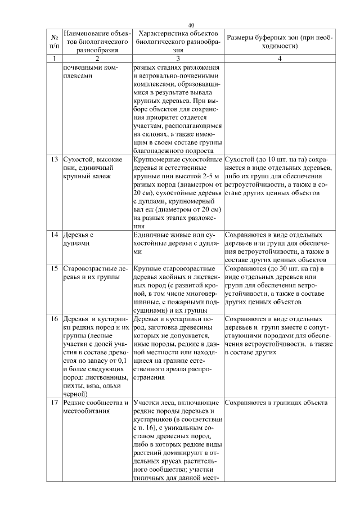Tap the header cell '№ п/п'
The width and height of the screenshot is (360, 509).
pos(54,41)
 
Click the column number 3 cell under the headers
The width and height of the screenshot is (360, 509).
pos(177,58)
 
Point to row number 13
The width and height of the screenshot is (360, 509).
pos(55,159)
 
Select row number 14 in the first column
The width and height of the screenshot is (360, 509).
pos(55,234)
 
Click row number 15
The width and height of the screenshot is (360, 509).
pos(55,268)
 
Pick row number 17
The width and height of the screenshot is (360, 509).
pos(55,403)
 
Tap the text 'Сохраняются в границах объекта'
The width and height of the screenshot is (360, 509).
pos(275,403)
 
